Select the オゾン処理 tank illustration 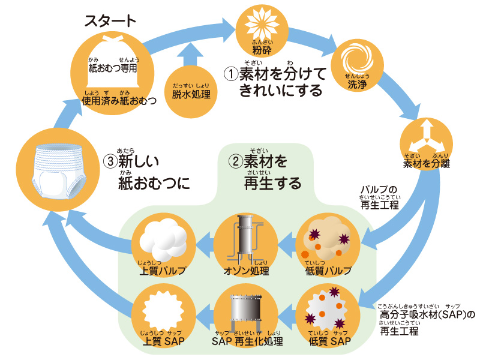coord(242,240)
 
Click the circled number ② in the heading coord(235,161)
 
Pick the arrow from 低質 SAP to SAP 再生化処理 coord(284,312)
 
